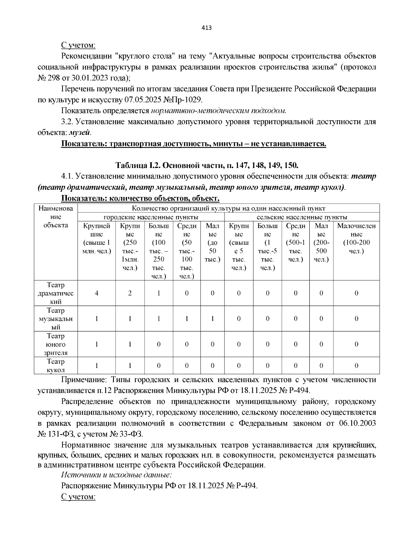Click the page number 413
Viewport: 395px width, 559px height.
tap(206, 28)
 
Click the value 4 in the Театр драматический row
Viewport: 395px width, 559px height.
tap(96, 293)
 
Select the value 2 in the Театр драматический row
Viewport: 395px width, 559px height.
tap(130, 293)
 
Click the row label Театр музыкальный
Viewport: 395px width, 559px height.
tap(56, 319)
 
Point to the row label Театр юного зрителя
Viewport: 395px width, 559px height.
tap(56, 344)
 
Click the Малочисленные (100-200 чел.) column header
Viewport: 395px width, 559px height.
tap(356, 238)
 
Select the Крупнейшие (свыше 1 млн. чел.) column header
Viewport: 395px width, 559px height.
tap(96, 238)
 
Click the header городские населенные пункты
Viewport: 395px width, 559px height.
tap(151, 217)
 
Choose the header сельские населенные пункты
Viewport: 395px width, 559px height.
tap(302, 217)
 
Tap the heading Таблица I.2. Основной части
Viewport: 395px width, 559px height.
tap(206, 165)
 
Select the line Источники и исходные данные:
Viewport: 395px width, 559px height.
tap(117, 475)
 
